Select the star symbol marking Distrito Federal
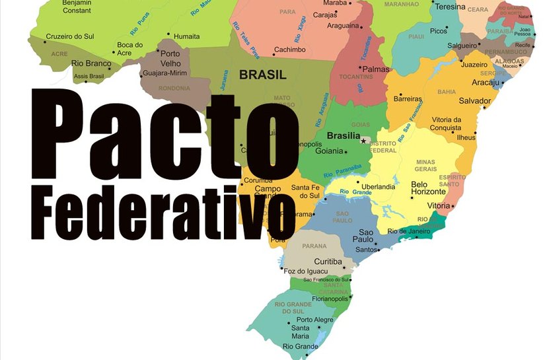click(x=363, y=141)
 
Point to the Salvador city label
click(x=474, y=101)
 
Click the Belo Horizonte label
click(x=428, y=188)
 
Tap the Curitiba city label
click(x=328, y=262)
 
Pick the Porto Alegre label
click(x=314, y=320)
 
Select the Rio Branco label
click(x=91, y=64)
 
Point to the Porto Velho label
click(x=170, y=58)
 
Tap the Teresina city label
click(x=450, y=7)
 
